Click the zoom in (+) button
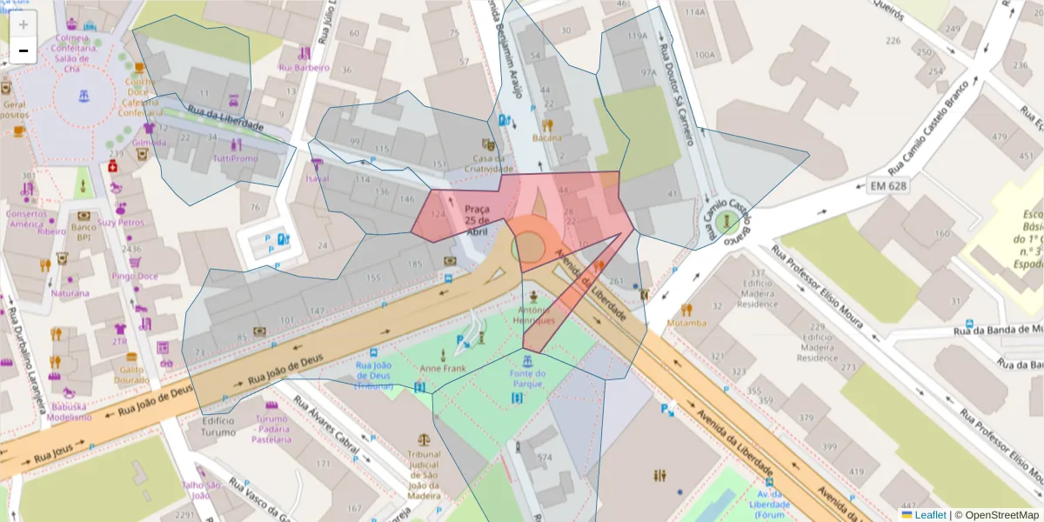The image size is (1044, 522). coord(23,24)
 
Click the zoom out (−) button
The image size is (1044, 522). coord(23,50)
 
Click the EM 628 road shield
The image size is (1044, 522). coord(887,185)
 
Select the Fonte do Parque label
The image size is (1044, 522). coord(528,379)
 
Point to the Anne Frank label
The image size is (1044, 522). coord(443,369)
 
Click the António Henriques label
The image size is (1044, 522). coord(533,316)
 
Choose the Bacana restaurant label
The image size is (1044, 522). coord(547,137)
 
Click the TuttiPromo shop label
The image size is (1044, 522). coord(236,159)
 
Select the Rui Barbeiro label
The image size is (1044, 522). coord(304,67)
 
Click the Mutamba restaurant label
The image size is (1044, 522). coord(686,323)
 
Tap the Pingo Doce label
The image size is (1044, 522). coord(135,277)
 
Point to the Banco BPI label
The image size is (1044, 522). coord(84,231)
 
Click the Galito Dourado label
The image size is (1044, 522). coord(131,374)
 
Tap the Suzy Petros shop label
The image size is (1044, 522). coord(121,223)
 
